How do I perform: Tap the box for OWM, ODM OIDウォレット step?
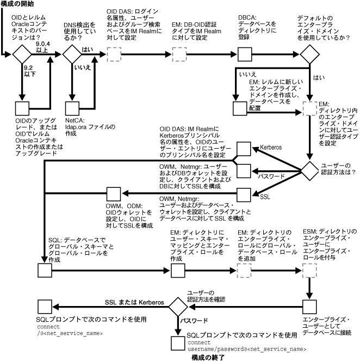113,193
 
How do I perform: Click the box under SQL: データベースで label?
44,270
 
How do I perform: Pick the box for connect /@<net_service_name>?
44,305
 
